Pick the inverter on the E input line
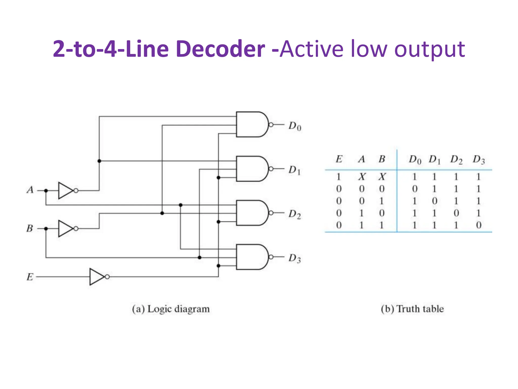(97, 277)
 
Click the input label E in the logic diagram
(30, 277)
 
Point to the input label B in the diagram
(30, 228)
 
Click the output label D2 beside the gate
(295, 214)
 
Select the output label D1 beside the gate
(295, 170)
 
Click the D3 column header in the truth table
(479, 160)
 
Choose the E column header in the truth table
(339, 159)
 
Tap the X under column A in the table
(362, 177)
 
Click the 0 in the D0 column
(415, 189)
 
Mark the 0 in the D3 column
(479, 225)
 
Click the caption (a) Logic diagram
(171, 309)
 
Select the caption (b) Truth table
(412, 309)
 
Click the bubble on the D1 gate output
(271, 169)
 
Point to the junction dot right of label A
(46, 190)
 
